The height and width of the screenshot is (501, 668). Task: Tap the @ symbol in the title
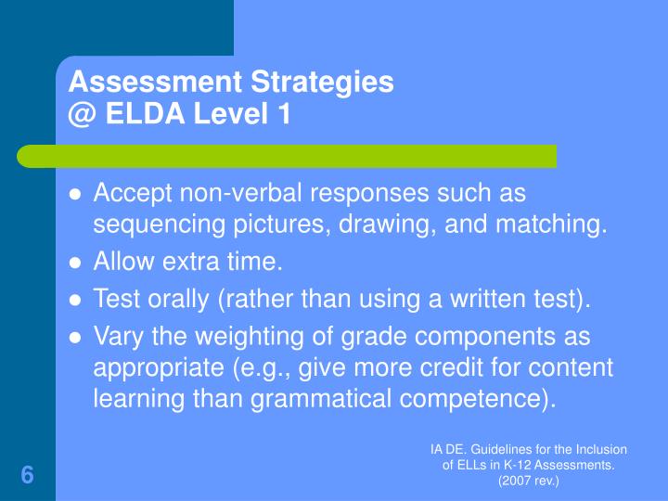[x=83, y=115]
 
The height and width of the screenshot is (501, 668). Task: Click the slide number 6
[x=27, y=476]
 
